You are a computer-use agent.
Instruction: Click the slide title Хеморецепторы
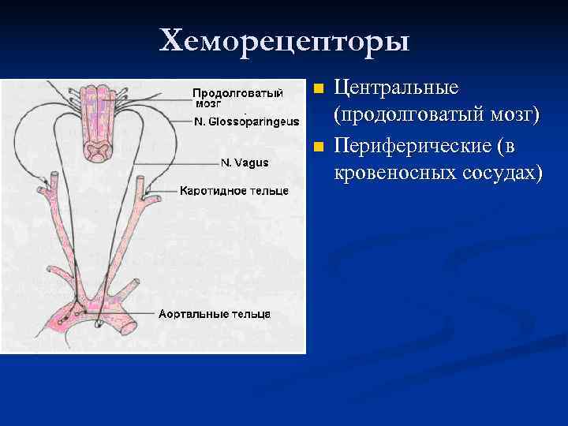click(x=284, y=39)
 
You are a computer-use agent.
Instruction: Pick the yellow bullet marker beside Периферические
click(x=318, y=146)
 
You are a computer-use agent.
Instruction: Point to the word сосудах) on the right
click(x=505, y=173)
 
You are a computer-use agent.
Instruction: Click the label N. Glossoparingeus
click(x=247, y=122)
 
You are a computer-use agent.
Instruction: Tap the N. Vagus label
click(x=245, y=163)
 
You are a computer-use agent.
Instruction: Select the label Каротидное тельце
click(x=234, y=191)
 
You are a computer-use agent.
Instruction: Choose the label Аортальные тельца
click(x=215, y=313)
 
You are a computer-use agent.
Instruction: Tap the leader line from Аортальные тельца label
click(x=126, y=314)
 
